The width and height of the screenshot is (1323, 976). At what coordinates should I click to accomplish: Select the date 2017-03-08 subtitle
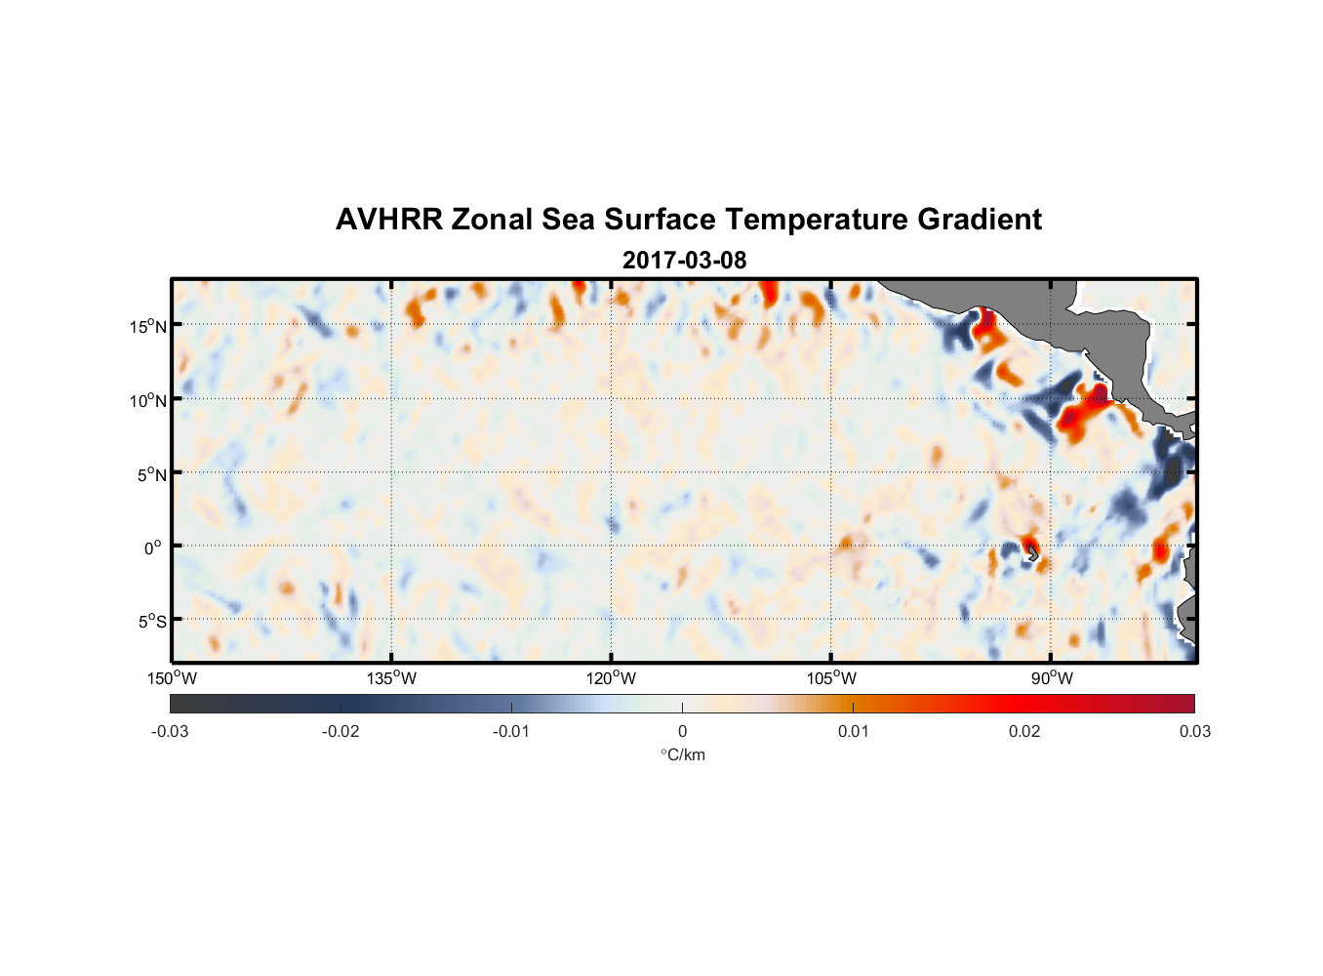pyautogui.click(x=684, y=261)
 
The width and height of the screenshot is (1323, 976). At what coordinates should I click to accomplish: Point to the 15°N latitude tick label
pyautogui.click(x=148, y=326)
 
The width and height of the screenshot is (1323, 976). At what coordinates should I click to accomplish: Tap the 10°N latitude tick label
pyautogui.click(x=148, y=400)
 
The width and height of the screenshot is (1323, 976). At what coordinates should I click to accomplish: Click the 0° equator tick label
pyautogui.click(x=153, y=548)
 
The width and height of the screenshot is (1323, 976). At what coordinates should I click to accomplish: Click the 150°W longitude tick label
pyautogui.click(x=172, y=678)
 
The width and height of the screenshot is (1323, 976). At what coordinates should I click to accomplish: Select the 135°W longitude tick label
pyautogui.click(x=391, y=678)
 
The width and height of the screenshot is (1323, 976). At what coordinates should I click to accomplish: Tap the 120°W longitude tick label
pyautogui.click(x=611, y=678)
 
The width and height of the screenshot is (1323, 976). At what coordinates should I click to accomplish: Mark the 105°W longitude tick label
pyautogui.click(x=831, y=678)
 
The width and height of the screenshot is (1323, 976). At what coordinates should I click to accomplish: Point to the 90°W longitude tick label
pyautogui.click(x=1052, y=678)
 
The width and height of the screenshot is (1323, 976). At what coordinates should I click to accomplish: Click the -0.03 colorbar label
pyautogui.click(x=170, y=731)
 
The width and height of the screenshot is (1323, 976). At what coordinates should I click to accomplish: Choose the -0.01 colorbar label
pyautogui.click(x=511, y=731)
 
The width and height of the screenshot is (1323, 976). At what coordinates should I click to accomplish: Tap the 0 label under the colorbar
pyautogui.click(x=682, y=731)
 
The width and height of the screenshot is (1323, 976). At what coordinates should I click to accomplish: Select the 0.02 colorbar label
pyautogui.click(x=1024, y=731)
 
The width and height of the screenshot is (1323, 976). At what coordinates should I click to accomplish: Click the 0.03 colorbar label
pyautogui.click(x=1194, y=731)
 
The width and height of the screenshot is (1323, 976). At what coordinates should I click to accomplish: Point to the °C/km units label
pyautogui.click(x=682, y=754)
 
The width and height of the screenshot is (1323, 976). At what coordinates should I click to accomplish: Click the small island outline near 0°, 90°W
pyautogui.click(x=1032, y=553)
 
